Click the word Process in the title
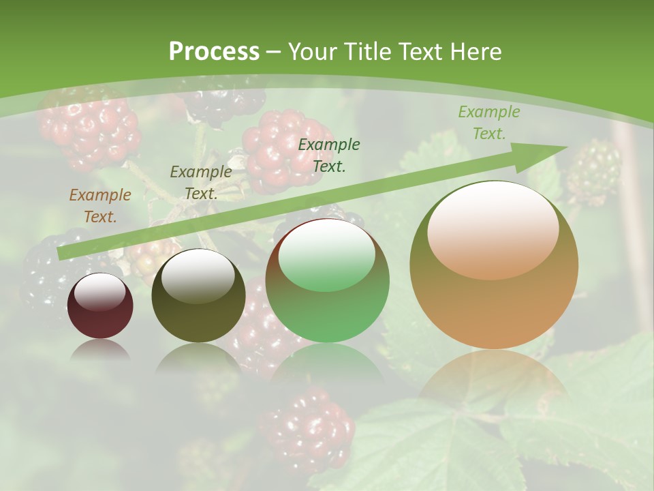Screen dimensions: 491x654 coord(214,51)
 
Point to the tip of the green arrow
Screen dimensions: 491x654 coord(565,147)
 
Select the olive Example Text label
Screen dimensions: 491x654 coord(200,182)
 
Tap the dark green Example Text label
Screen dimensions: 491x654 coord(328,155)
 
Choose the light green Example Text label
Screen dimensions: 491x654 coord(488,123)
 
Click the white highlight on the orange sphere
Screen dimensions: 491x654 coord(493,228)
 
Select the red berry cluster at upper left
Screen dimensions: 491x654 coord(89,126)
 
